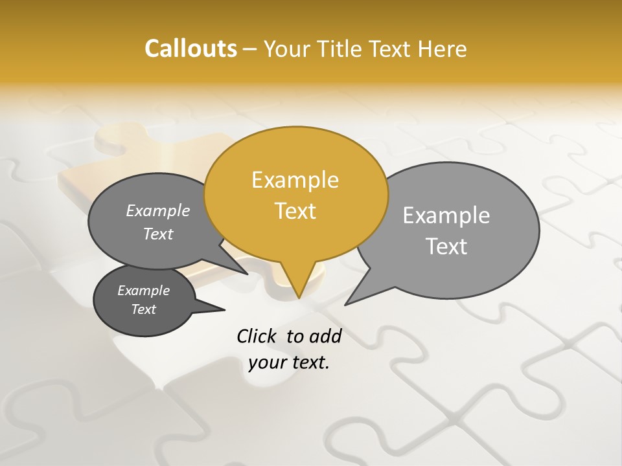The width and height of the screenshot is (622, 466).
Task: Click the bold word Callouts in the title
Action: pyautogui.click(x=190, y=49)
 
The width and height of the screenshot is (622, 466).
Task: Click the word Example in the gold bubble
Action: pyautogui.click(x=295, y=180)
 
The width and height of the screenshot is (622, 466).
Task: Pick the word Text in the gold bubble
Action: pyautogui.click(x=295, y=211)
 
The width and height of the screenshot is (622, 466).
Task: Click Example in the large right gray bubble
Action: pyautogui.click(x=446, y=216)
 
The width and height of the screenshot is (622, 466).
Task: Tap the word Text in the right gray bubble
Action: pyautogui.click(x=446, y=247)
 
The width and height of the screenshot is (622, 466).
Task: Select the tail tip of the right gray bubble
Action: pyautogui.click(x=346, y=304)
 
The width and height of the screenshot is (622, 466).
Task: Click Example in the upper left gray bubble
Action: pyautogui.click(x=158, y=211)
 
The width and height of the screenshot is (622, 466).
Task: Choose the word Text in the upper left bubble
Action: pyautogui.click(x=158, y=234)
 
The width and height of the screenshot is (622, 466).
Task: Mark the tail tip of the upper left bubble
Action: pyautogui.click(x=247, y=274)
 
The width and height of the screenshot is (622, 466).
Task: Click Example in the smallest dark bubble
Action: pyautogui.click(x=143, y=291)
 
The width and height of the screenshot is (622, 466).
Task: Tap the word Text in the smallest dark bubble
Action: pyautogui.click(x=143, y=309)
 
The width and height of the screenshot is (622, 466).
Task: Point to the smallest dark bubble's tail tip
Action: pyautogui.click(x=224, y=310)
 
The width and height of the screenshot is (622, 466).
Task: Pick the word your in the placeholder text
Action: pyautogui.click(x=267, y=362)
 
